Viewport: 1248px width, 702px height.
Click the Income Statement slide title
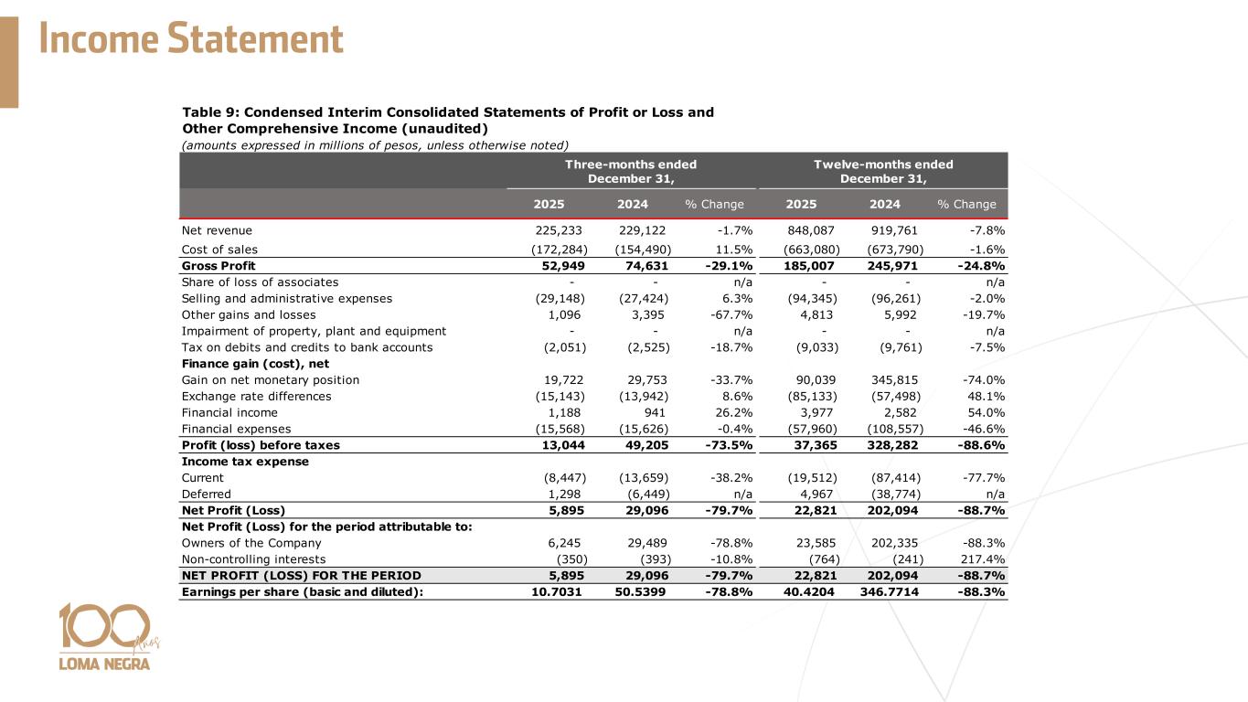(x=191, y=40)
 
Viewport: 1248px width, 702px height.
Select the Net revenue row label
(x=217, y=230)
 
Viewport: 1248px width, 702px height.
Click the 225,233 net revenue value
(x=559, y=230)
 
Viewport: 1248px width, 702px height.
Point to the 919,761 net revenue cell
(x=892, y=230)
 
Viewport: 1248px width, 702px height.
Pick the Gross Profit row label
(x=219, y=266)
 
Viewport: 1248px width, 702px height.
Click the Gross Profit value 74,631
(x=645, y=266)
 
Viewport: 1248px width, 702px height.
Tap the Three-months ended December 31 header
(x=630, y=171)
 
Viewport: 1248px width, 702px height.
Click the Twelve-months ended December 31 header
(x=883, y=171)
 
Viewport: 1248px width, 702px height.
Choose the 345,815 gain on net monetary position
(x=892, y=379)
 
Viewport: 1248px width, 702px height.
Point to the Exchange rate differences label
(x=256, y=396)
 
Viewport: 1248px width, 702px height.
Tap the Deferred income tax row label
(x=206, y=494)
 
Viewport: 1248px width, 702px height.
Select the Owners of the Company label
(x=240, y=542)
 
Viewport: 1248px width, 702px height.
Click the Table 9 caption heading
(x=448, y=120)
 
